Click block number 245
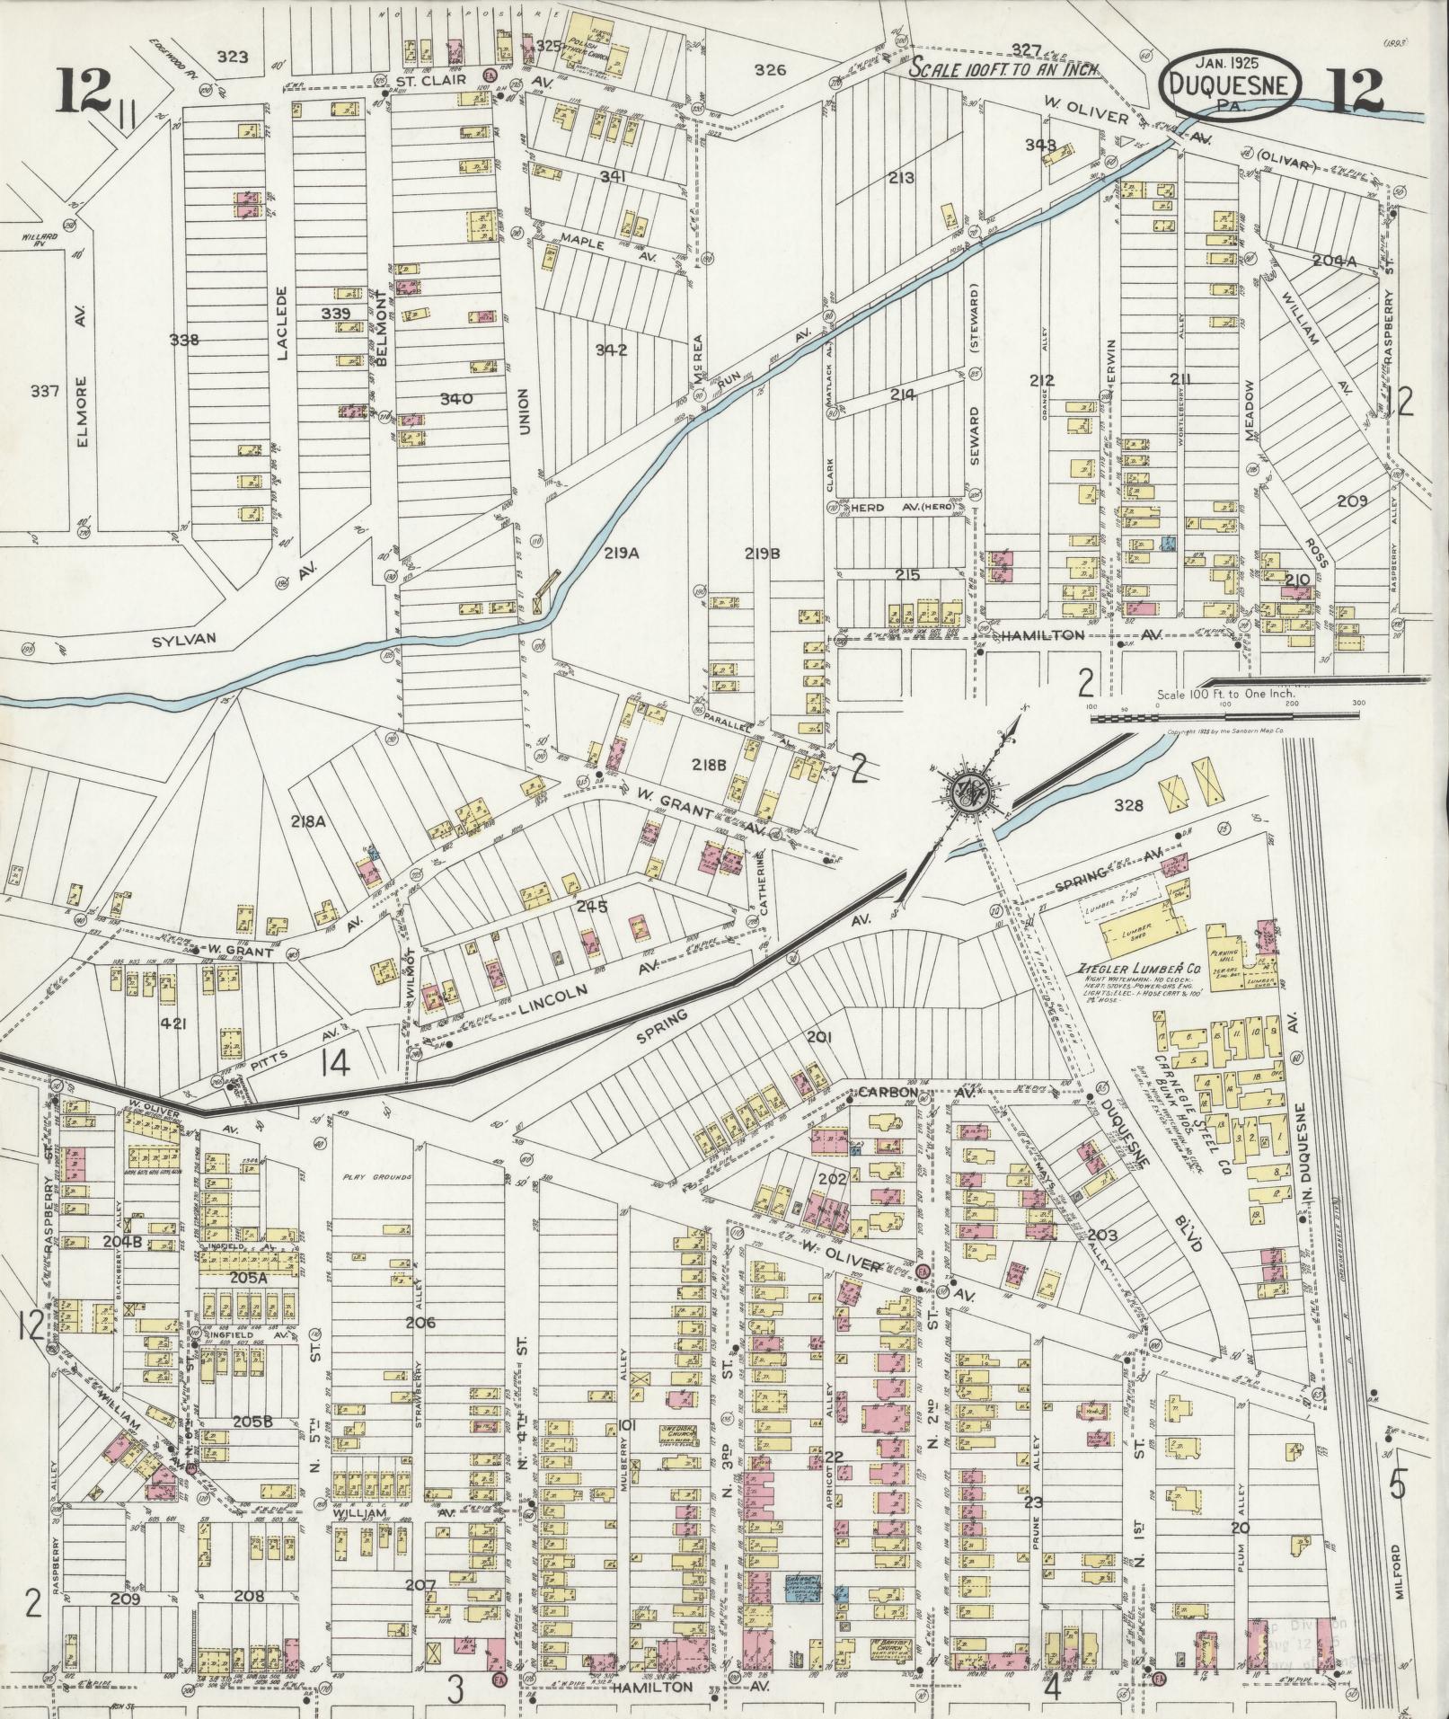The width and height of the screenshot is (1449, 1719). click(593, 907)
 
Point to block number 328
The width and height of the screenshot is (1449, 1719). click(1127, 805)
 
